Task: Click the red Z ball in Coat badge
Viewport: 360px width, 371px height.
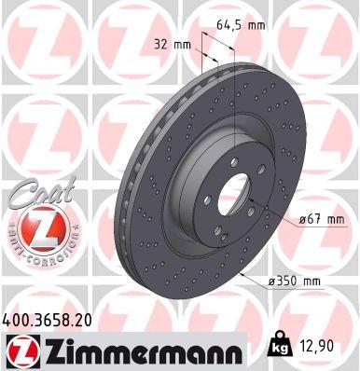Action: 35,227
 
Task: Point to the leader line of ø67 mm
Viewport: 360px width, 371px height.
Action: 263,213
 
